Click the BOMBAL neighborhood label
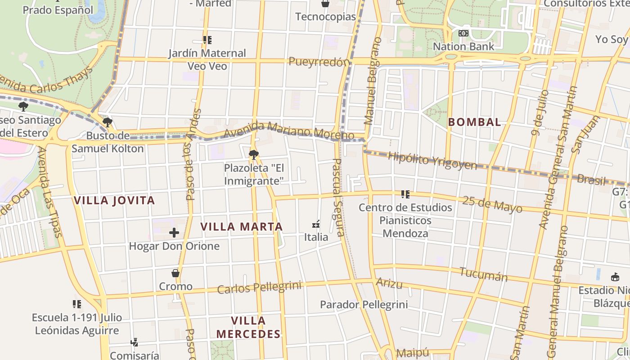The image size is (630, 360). pos(474,122)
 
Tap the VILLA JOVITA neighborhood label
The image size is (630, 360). pos(114,201)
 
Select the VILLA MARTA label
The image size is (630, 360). pos(241,227)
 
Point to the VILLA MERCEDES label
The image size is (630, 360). pos(248,327)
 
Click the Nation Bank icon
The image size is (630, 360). pos(463,33)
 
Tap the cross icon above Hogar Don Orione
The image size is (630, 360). pos(174,233)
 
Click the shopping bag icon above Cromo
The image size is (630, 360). pos(175,273)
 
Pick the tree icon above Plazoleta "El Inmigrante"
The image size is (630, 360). pos(253,155)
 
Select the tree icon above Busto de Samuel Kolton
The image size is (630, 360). pos(107,122)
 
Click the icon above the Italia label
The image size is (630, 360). pos(316,224)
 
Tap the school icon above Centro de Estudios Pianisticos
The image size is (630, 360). pos(405,194)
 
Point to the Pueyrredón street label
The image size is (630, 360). pos(319,62)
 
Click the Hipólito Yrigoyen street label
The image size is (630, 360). pos(432,161)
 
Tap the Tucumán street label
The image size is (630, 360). pos(483,274)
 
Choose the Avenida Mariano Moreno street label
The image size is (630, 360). pos(288,130)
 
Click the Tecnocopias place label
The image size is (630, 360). pos(325,17)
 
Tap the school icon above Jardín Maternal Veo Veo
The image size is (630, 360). pos(207,40)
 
